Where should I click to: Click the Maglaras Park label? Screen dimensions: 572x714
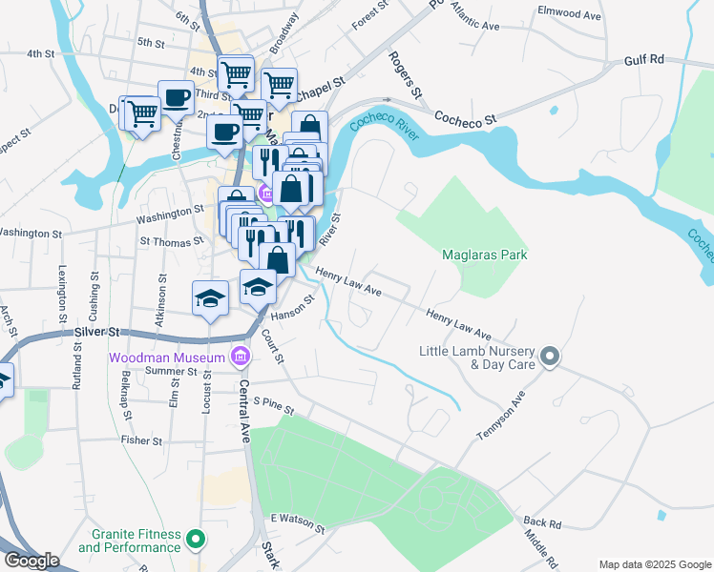485,255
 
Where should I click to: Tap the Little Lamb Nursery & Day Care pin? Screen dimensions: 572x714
549,357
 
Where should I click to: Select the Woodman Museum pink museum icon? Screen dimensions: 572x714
240,357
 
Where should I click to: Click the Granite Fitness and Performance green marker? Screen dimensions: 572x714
197,541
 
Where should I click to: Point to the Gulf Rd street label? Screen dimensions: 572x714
643,59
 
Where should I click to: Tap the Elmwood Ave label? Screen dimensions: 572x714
569,15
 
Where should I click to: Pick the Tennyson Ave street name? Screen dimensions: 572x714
501,416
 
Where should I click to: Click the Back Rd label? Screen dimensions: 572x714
542,523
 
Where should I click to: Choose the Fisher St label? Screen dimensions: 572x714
141,441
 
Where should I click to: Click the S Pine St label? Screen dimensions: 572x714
273,407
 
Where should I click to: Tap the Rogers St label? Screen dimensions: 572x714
405,75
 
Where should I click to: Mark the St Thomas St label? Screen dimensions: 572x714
167,242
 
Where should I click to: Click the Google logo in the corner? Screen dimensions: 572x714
31,561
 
